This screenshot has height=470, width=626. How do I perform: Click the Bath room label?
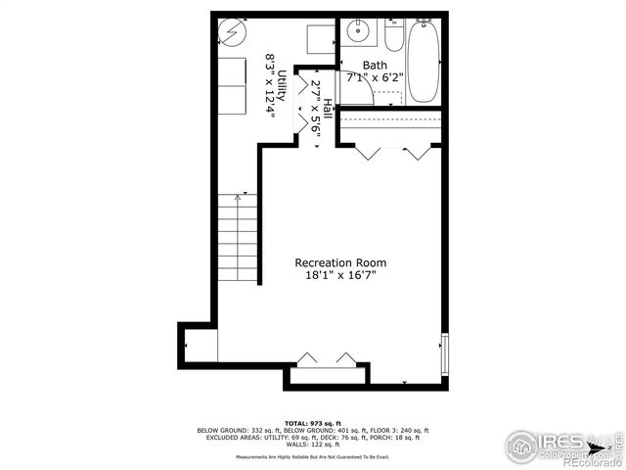coord(374,66)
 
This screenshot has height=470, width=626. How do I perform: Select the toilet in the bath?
coord(393,36)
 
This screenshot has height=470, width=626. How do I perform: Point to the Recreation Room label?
coord(340,262)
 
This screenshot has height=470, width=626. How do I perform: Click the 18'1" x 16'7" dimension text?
coord(340,276)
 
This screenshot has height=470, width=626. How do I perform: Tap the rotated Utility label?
coord(282,86)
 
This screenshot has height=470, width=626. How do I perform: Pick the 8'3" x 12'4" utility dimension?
coord(269,86)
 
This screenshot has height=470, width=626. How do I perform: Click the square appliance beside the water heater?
coord(318,39)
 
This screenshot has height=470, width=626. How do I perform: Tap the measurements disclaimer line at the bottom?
coord(312,456)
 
